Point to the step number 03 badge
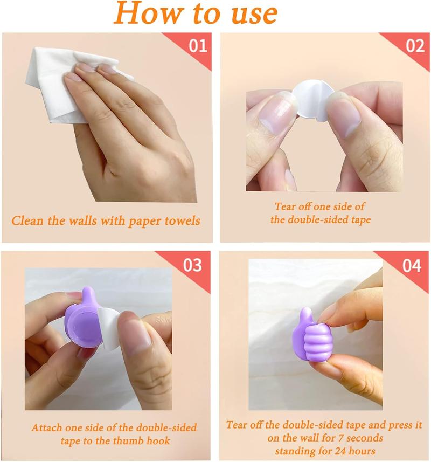pos(193,265)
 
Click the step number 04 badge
pos(411,265)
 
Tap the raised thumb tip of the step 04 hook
pos(306,314)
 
